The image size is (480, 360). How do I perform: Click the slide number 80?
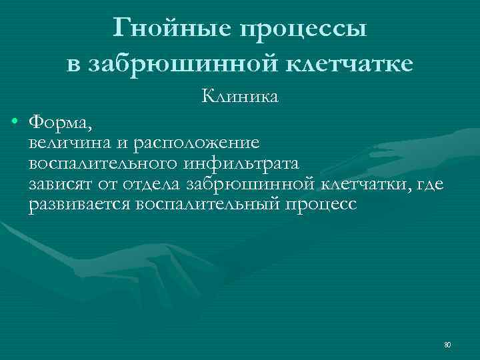tap(447, 345)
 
